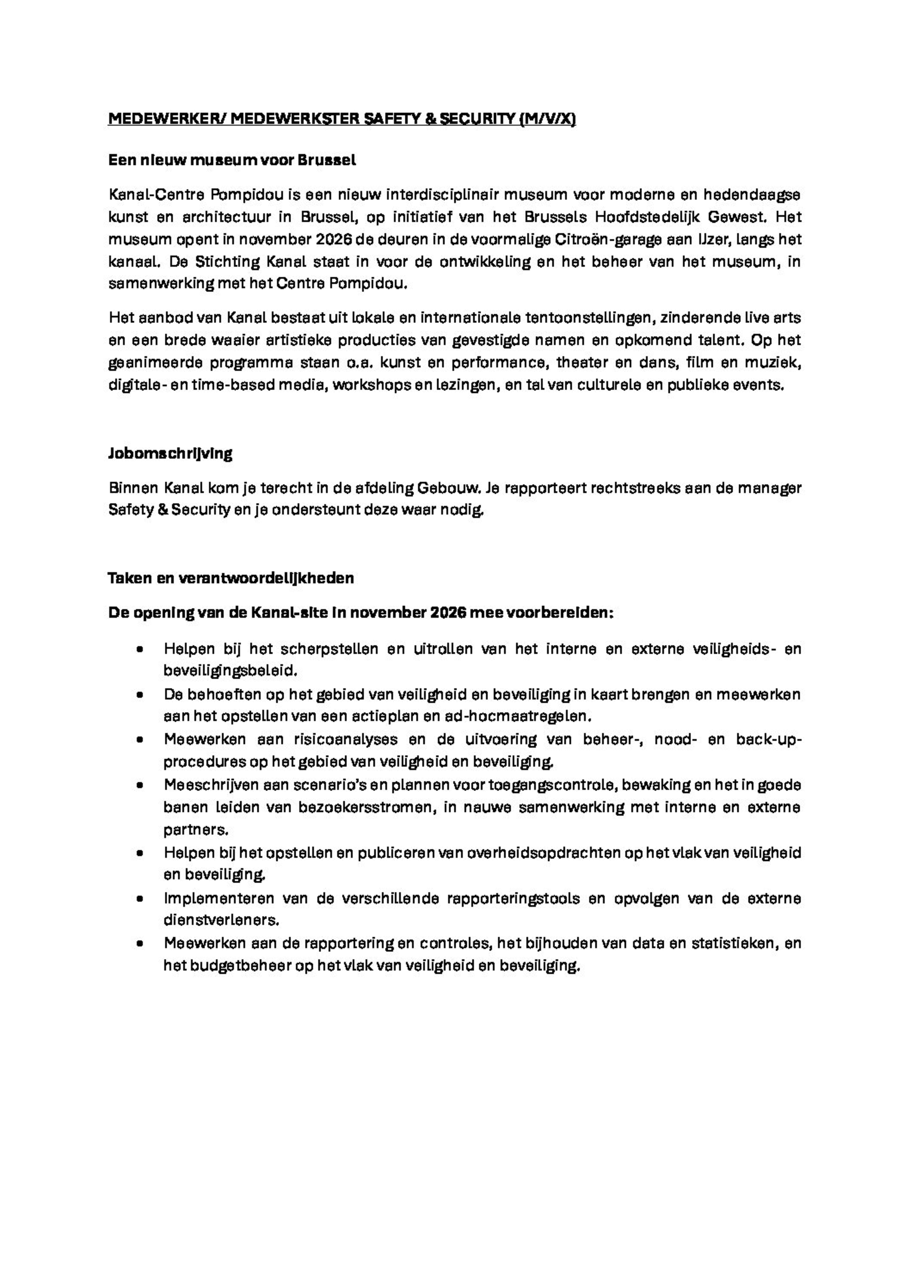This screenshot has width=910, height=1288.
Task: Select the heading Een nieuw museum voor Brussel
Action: pos(232,160)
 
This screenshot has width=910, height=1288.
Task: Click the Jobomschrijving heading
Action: pos(170,454)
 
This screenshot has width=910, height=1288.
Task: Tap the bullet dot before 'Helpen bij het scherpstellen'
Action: pos(140,649)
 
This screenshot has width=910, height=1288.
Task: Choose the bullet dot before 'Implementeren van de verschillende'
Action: pos(140,899)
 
